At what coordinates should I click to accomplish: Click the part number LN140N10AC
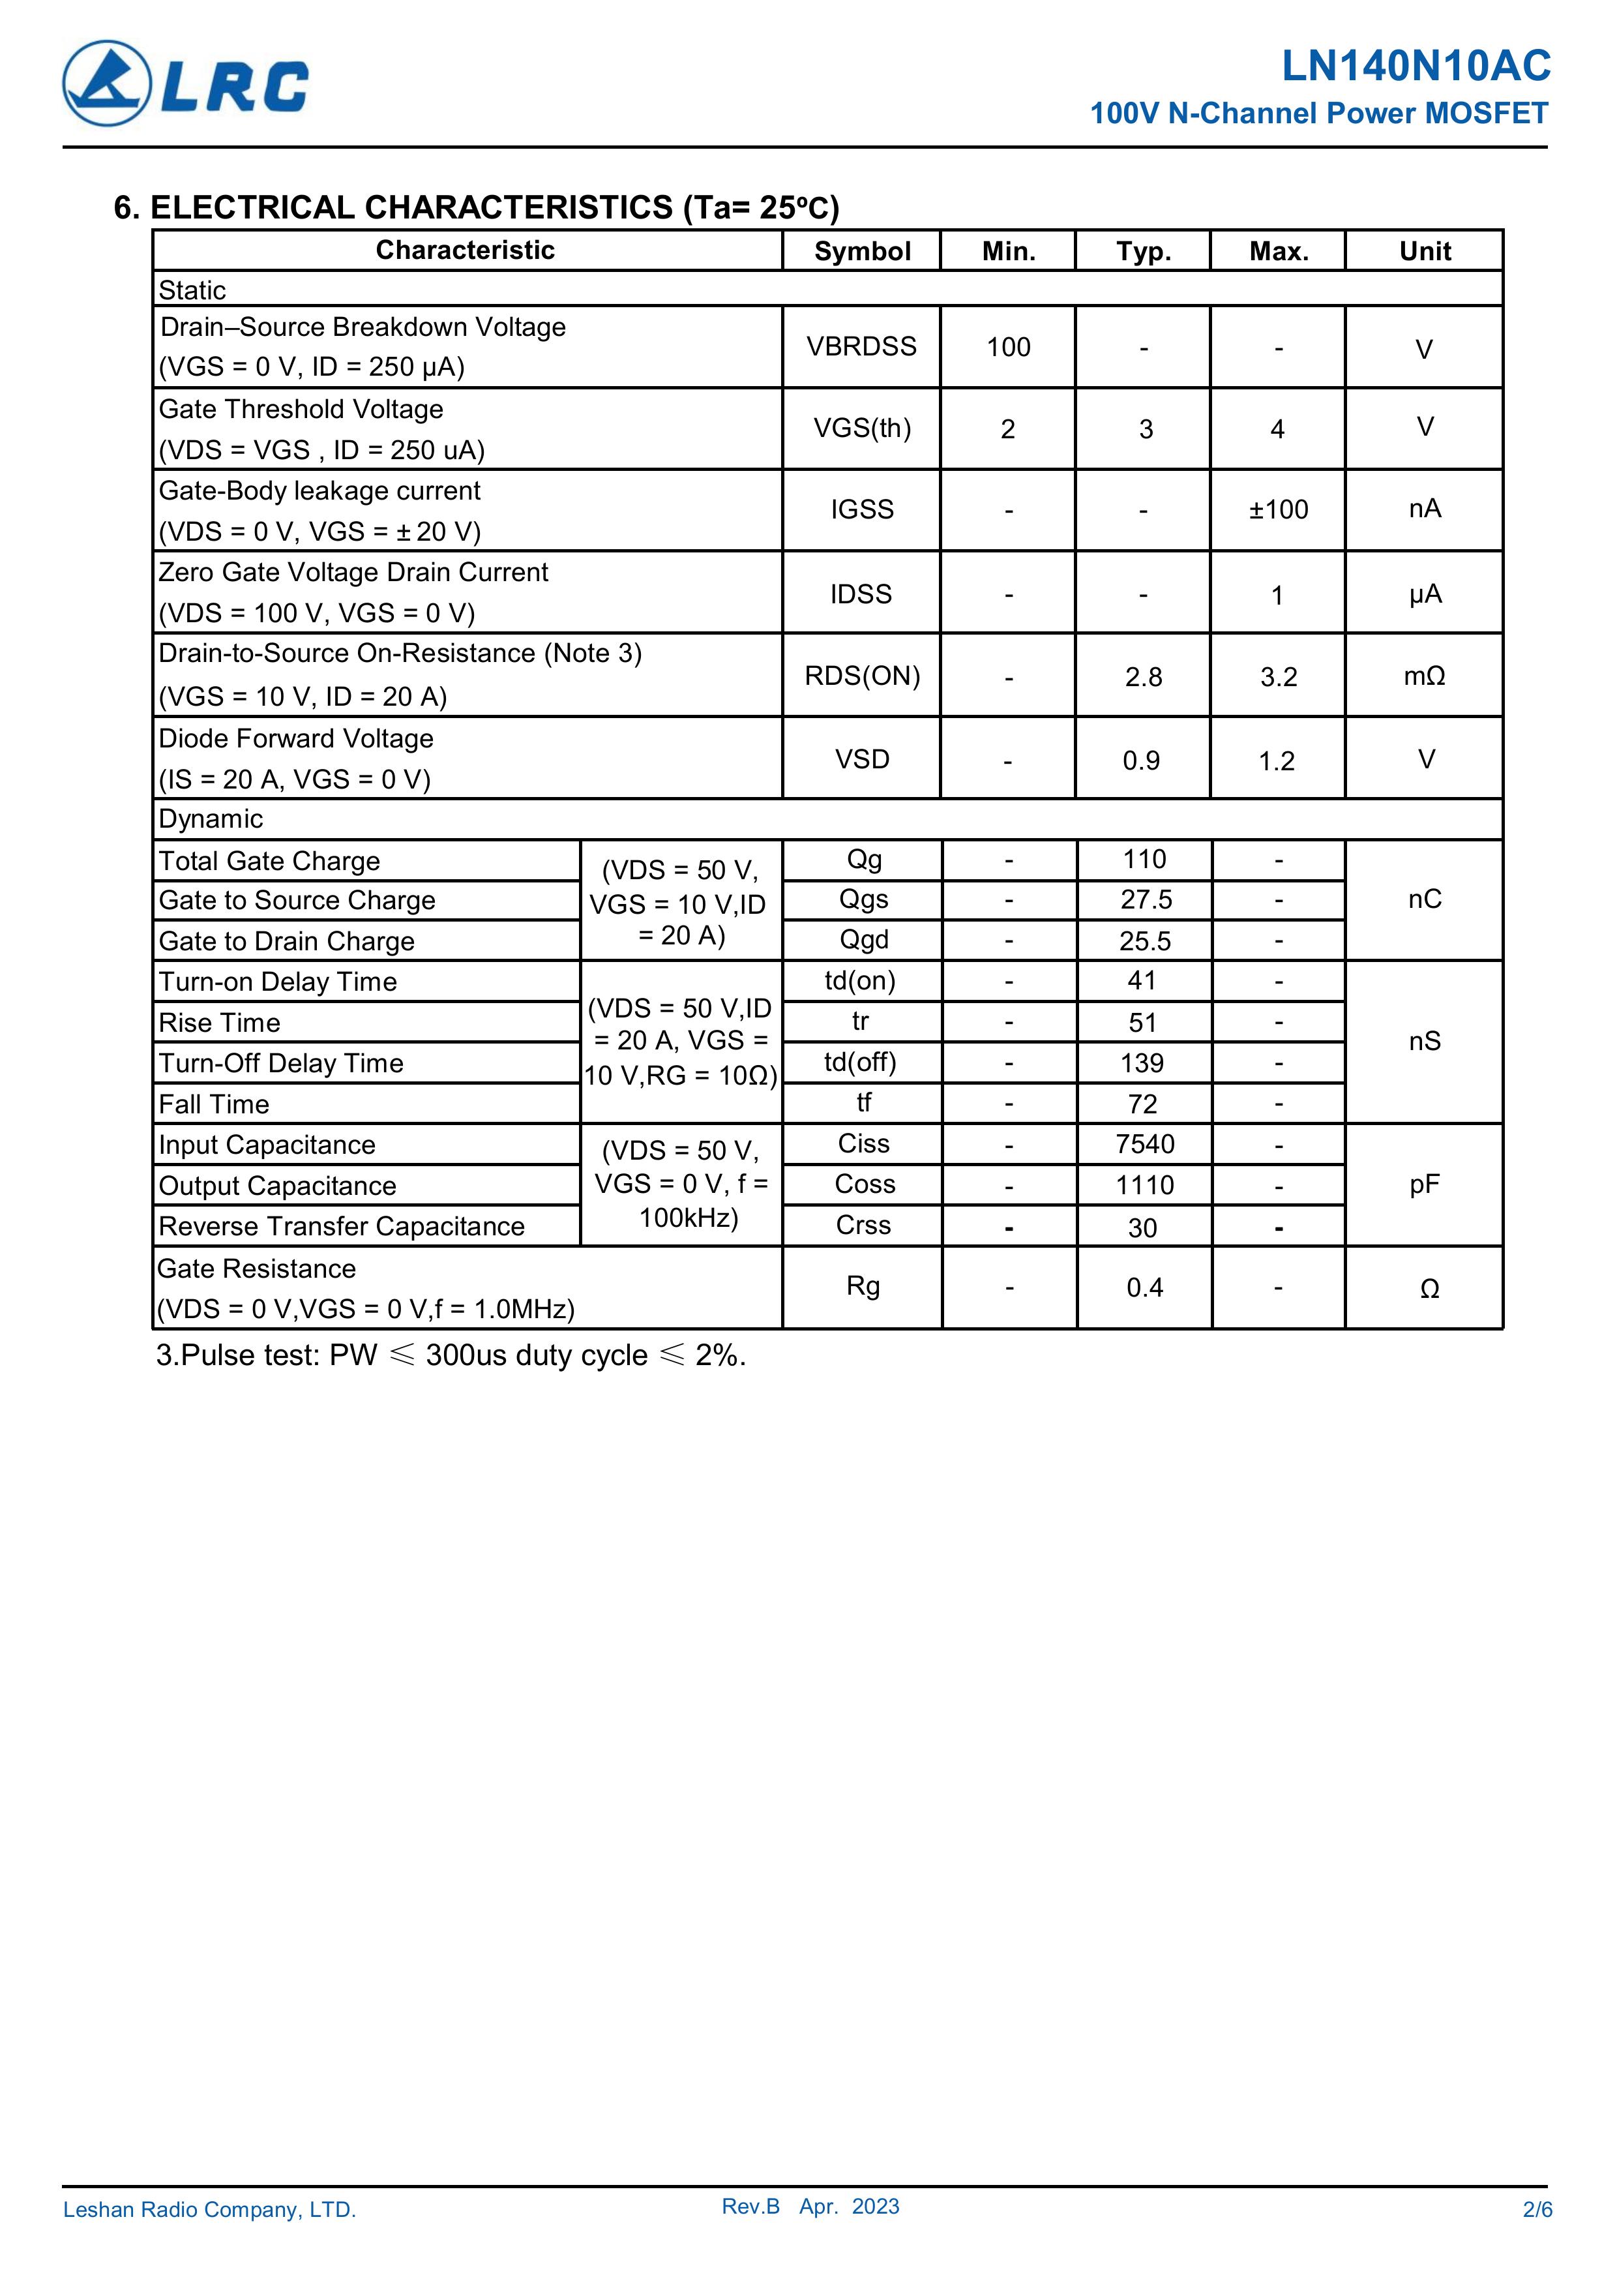pos(1415,66)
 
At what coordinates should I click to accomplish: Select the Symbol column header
pos(862,251)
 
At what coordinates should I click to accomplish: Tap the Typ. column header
pos(1143,251)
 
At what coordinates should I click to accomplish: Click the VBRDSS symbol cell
pos(862,347)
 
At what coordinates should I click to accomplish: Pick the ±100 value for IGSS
pos(1278,510)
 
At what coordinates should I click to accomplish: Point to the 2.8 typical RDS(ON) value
pos(1143,678)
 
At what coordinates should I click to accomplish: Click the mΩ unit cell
pos(1424,676)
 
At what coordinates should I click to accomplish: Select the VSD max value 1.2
pos(1276,761)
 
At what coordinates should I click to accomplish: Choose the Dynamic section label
pos(211,819)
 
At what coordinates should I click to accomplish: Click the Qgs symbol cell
pos(863,900)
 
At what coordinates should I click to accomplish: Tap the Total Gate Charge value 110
pos(1144,860)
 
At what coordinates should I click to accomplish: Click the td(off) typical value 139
pos(1142,1063)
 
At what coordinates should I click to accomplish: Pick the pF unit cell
pos(1424,1185)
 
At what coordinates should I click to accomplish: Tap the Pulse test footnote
pos(451,1356)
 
